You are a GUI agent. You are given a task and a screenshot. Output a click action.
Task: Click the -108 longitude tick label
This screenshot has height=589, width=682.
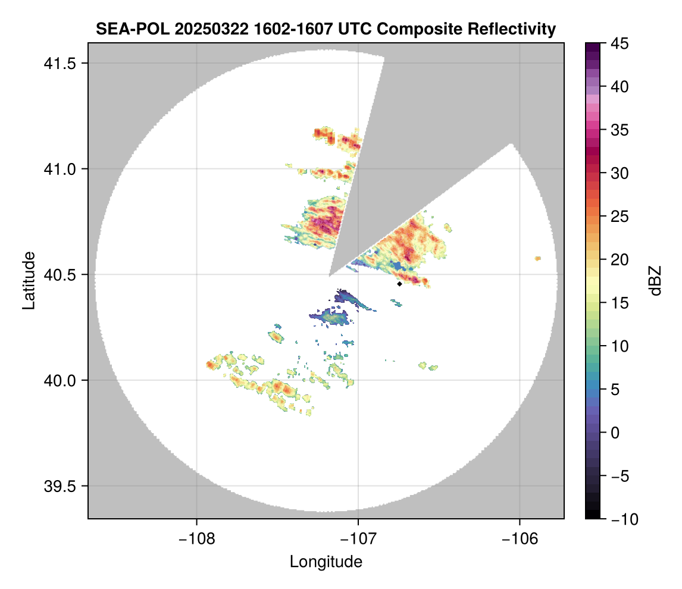pyautogui.click(x=196, y=538)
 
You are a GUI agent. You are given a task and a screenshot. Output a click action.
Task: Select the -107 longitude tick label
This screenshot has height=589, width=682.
pyautogui.click(x=358, y=538)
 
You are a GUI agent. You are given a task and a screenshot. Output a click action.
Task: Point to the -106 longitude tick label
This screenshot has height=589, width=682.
pyautogui.click(x=520, y=538)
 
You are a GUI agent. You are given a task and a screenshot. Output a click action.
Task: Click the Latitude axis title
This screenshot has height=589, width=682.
pyautogui.click(x=28, y=280)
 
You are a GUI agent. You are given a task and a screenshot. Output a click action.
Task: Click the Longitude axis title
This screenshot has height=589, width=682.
pyautogui.click(x=326, y=562)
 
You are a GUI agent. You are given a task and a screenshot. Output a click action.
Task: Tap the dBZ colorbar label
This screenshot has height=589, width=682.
pyautogui.click(x=655, y=281)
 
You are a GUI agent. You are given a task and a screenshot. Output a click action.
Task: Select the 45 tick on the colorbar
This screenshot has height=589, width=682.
pyautogui.click(x=620, y=43)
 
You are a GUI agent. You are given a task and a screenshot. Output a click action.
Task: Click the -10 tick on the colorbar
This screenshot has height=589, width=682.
pyautogui.click(x=622, y=519)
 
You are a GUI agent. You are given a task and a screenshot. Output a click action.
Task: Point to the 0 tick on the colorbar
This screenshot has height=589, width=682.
pyautogui.click(x=616, y=433)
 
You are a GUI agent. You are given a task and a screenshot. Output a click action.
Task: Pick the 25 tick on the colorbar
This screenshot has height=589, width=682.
pyautogui.click(x=620, y=217)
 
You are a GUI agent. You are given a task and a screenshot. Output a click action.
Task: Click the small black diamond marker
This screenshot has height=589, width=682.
pyautogui.click(x=399, y=284)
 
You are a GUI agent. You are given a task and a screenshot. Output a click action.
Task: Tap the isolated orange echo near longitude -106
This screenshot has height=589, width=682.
pyautogui.click(x=537, y=258)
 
